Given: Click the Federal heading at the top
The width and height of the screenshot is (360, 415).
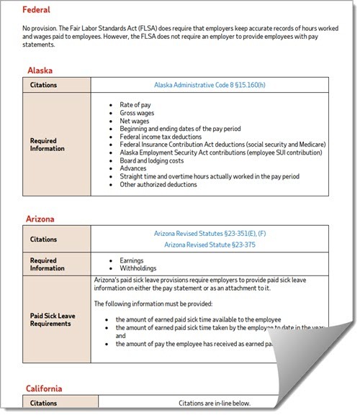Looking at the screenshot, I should [x=36, y=10].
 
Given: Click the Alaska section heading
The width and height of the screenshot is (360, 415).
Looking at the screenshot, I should [x=40, y=70].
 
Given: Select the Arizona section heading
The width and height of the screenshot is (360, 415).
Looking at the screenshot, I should [x=41, y=218].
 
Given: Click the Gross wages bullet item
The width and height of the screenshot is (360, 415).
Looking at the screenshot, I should [x=138, y=114].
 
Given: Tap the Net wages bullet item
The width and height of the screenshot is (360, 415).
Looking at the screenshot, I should [x=135, y=122].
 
